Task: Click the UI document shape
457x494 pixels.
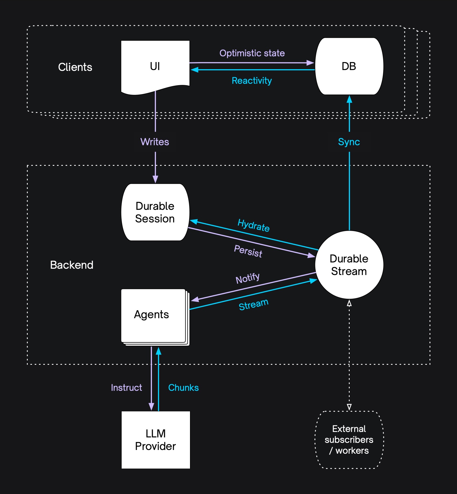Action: coord(155,66)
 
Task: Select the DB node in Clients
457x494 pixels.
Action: coord(349,66)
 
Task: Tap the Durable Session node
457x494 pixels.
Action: coord(155,212)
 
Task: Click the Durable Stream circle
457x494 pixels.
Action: coord(349,265)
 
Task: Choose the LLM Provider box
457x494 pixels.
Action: coord(156,440)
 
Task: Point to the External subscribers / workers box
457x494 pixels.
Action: coord(349,440)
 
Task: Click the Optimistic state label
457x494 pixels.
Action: coord(252,53)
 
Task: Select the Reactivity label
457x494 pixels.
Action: coord(252,81)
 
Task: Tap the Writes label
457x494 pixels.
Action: coord(155,142)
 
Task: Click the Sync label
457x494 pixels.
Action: coord(349,142)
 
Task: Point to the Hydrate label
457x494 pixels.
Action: coord(254,225)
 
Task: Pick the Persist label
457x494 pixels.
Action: coord(248,251)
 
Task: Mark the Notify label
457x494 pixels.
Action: coord(248,278)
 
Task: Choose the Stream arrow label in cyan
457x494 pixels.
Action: coord(254,304)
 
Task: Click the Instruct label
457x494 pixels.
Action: coord(126,388)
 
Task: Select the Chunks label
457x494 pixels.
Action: coord(183,388)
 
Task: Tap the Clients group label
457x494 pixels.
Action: coord(75,67)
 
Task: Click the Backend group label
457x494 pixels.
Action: coord(72,265)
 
